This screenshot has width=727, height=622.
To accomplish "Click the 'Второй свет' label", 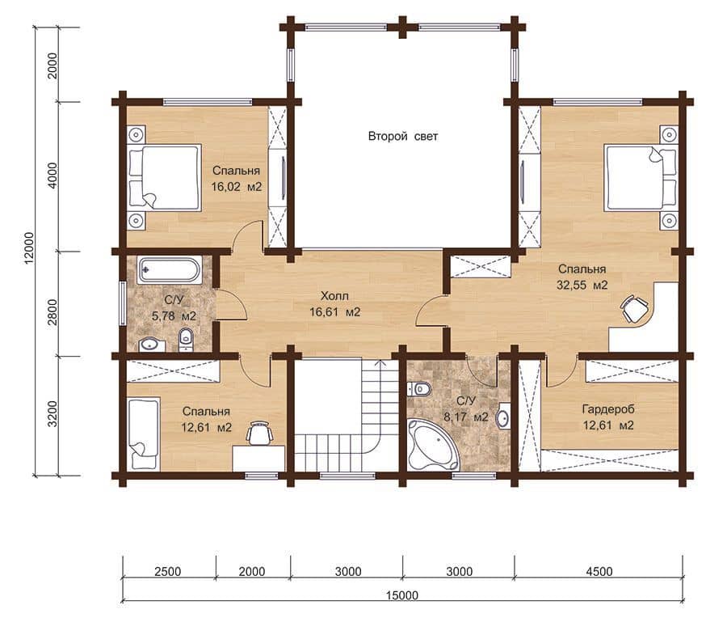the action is (x=403, y=137).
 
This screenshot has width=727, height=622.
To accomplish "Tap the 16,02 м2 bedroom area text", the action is (x=237, y=187).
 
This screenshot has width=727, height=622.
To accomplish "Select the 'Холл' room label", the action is (x=334, y=296).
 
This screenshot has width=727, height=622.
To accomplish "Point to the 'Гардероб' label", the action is (x=608, y=409).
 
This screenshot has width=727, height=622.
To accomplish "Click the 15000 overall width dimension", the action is (x=402, y=595).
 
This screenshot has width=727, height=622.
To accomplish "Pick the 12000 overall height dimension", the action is (x=29, y=248).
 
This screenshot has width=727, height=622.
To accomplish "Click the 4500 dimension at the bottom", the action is (x=599, y=571).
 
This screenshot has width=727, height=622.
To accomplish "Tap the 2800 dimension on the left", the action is (x=53, y=312).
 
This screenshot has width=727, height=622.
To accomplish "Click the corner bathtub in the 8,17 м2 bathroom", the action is (x=432, y=445).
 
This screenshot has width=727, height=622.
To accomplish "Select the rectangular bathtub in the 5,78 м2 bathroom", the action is (x=169, y=269).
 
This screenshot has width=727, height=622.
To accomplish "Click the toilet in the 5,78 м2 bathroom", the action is (x=186, y=340).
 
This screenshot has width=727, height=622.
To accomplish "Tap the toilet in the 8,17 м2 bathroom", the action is (x=419, y=388).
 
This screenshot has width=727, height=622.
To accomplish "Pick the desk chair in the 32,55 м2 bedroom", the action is (x=634, y=307).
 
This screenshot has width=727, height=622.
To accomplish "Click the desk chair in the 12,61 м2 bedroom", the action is (x=258, y=433).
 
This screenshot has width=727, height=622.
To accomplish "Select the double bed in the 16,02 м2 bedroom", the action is (x=165, y=177).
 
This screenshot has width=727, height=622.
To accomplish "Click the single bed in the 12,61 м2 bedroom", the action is (x=143, y=434).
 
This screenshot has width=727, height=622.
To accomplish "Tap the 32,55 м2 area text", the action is (x=582, y=285).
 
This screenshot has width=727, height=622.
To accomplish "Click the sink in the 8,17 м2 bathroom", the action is (x=503, y=417).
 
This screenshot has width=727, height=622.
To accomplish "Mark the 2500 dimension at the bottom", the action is (x=168, y=571).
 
